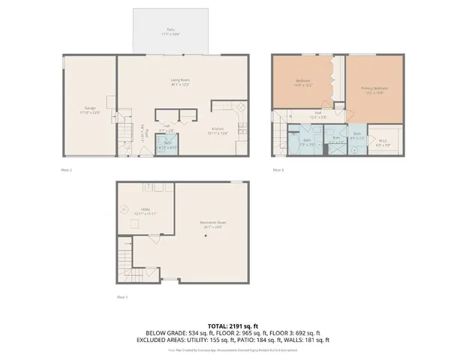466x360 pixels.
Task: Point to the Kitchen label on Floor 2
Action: [218, 130]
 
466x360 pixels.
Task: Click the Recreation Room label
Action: [213, 223]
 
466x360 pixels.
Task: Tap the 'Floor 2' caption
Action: [66, 170]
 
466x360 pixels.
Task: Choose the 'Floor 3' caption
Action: [278, 170]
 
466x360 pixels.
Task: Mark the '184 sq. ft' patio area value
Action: [274, 340]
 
